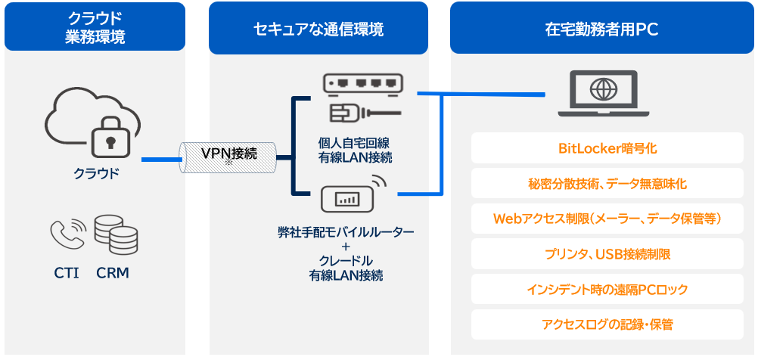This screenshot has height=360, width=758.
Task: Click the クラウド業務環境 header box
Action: click(95, 27)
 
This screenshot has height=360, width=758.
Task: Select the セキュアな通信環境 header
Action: click(318, 29)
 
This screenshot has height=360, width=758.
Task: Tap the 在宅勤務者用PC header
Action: click(601, 29)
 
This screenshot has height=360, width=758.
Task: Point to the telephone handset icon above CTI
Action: click(67, 234)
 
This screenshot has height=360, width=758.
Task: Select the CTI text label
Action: click(67, 273)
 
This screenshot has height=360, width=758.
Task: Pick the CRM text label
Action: click(113, 273)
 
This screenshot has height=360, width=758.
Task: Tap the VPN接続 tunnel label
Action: click(228, 154)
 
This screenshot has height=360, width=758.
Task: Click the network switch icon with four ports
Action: click(362, 84)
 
